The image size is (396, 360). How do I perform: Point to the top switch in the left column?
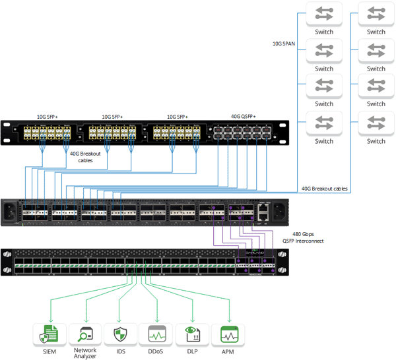click(324, 15)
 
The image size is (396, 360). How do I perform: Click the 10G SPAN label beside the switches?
click(284, 44)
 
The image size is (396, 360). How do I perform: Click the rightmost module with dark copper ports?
click(242, 134)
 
